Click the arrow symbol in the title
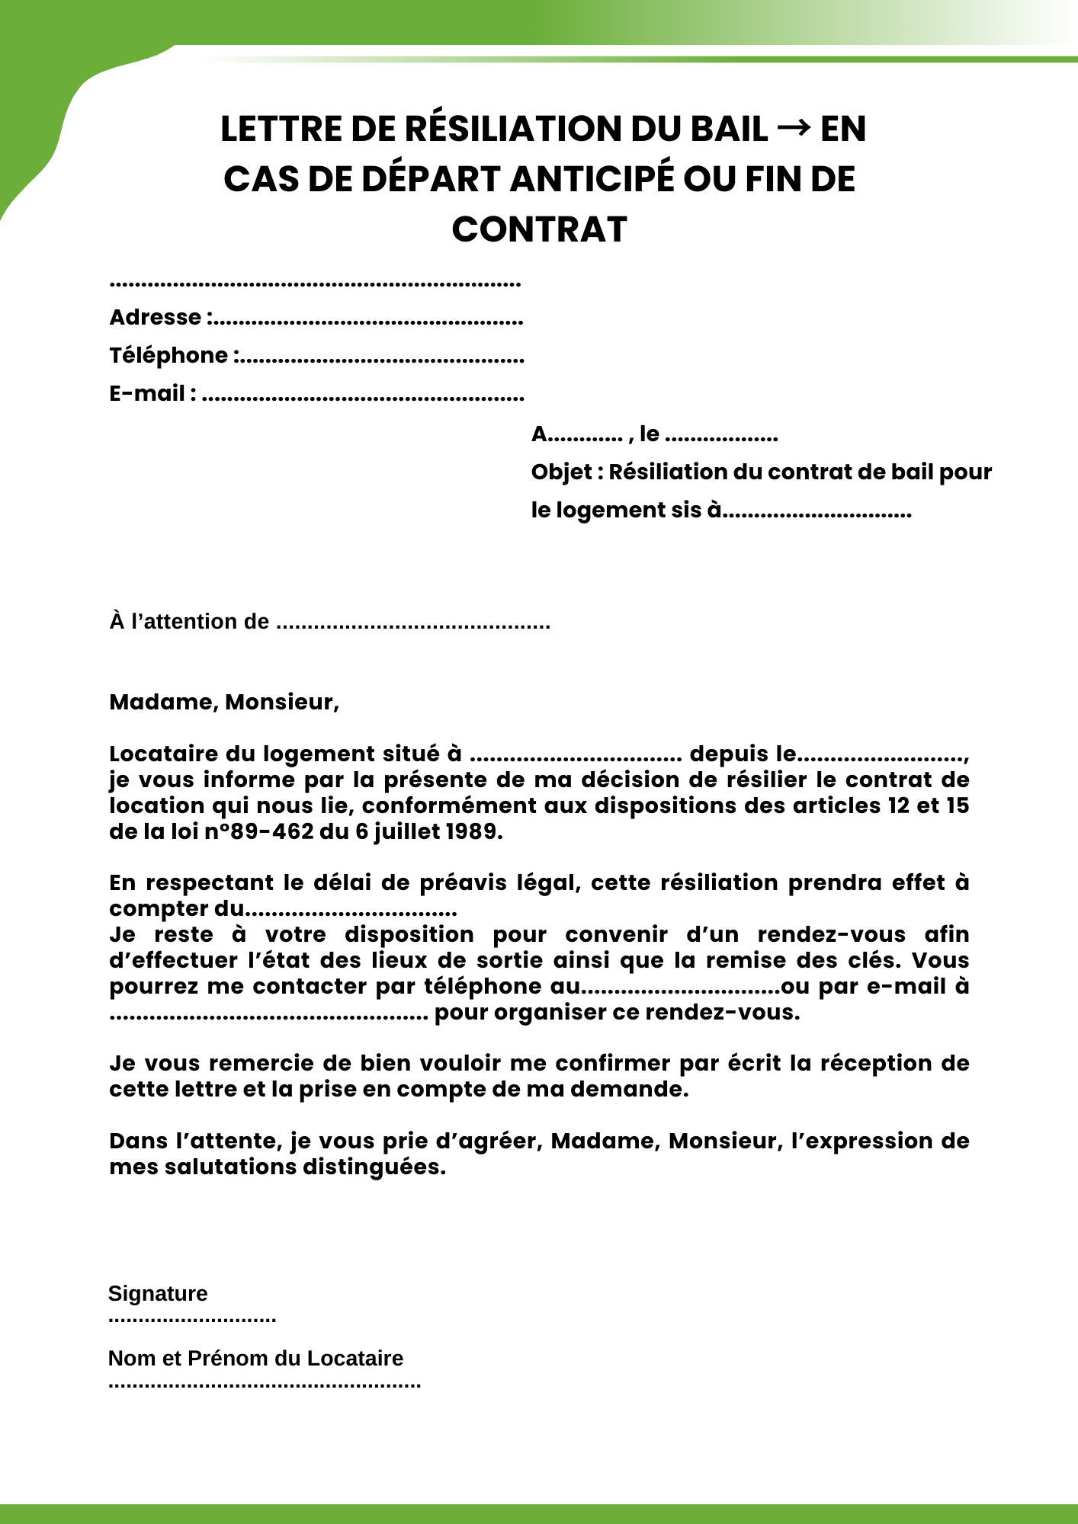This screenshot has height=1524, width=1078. click(x=794, y=129)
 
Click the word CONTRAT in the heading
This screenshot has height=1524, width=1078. click(x=539, y=229)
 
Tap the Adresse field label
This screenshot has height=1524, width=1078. click(x=156, y=317)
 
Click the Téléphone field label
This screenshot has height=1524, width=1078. click(x=168, y=355)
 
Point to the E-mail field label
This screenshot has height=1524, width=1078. click(x=147, y=393)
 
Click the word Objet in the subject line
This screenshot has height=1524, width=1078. click(x=562, y=472)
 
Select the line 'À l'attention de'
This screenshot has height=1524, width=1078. click(x=189, y=622)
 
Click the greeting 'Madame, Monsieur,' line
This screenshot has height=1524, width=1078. click(x=224, y=702)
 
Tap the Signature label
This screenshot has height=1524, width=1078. click(x=158, y=1293)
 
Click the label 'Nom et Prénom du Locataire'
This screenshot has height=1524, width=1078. click(x=255, y=1358)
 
